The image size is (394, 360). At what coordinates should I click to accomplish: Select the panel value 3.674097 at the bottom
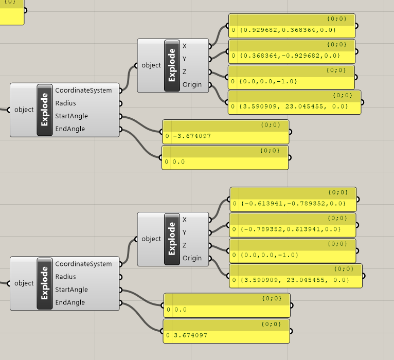coord(191,335)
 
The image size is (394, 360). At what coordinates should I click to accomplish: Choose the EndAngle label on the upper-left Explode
coord(70,129)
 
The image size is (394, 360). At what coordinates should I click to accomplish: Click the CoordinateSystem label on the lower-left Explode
coord(83,264)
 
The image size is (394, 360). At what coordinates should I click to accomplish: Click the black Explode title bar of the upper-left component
coord(45,110)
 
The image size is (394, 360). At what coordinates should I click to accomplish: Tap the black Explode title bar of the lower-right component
coord(172,239)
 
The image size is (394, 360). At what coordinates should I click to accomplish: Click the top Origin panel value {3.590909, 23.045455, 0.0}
coord(294,106)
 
